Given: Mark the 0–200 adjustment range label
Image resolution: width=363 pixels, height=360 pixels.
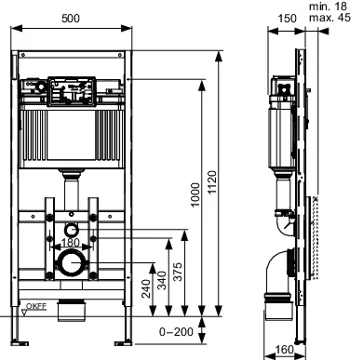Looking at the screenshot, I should [175, 329].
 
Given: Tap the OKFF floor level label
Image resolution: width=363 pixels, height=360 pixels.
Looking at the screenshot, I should [35, 304].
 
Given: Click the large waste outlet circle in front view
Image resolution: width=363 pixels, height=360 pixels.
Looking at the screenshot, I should [72, 263].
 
